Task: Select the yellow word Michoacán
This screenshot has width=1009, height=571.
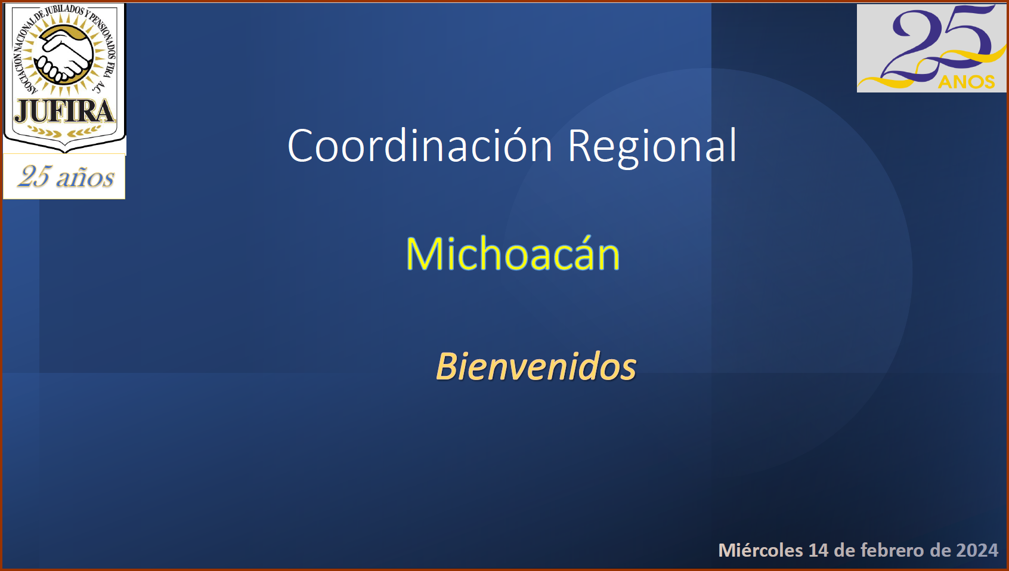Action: coord(513,253)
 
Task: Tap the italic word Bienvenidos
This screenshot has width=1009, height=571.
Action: coord(536,366)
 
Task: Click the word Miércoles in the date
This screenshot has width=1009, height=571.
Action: coord(760,550)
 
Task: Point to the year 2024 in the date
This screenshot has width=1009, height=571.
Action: coord(977,550)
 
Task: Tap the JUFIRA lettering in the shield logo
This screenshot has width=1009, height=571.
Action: coord(64,112)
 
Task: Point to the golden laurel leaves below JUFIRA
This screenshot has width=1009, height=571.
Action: coord(64,131)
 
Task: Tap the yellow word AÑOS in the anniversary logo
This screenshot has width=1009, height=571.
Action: coord(966,81)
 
